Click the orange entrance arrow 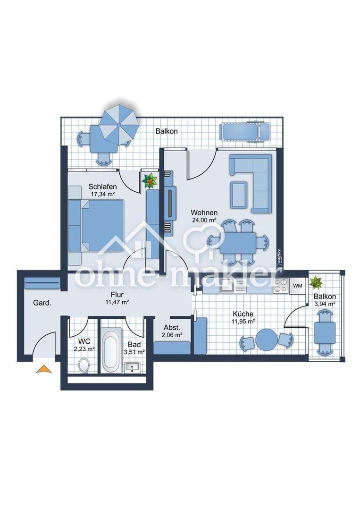click(x=44, y=369)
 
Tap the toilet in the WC click(x=84, y=364)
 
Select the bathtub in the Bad click(x=111, y=352)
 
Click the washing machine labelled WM click(x=298, y=286)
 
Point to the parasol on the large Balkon click(x=119, y=124)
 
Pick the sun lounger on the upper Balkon click(x=245, y=131)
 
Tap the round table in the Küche click(x=267, y=340)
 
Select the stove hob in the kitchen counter click(x=280, y=286)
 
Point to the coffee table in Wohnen click(x=239, y=195)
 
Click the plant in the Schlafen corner click(x=150, y=180)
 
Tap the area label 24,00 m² click(x=204, y=220)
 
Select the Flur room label click(x=117, y=295)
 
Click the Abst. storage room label click(x=172, y=328)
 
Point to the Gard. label click(x=42, y=303)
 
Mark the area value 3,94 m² click(x=325, y=304)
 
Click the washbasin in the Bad click(x=132, y=367)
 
